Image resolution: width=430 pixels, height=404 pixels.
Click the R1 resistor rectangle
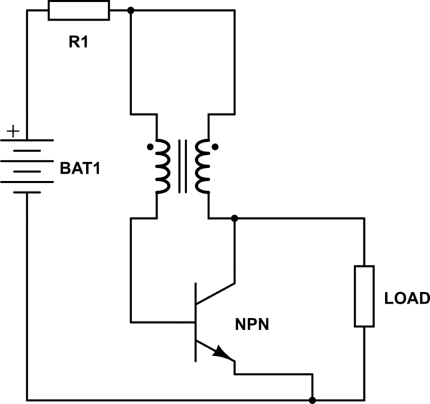point(79,11)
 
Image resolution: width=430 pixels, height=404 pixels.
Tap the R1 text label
point(79,42)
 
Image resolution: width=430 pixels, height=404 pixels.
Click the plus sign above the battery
point(12,132)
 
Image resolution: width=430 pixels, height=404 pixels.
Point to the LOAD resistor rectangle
point(365,296)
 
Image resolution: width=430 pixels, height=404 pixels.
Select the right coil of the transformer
point(204,166)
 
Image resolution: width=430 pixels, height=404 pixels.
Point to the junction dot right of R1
point(130,11)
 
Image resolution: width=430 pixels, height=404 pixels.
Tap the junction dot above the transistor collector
point(235,217)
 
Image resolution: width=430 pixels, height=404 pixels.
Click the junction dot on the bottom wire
point(313,399)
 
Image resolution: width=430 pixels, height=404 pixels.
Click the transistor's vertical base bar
point(196,321)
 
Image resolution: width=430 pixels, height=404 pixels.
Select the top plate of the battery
point(27,141)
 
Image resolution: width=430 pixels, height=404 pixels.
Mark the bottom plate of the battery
point(27,192)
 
